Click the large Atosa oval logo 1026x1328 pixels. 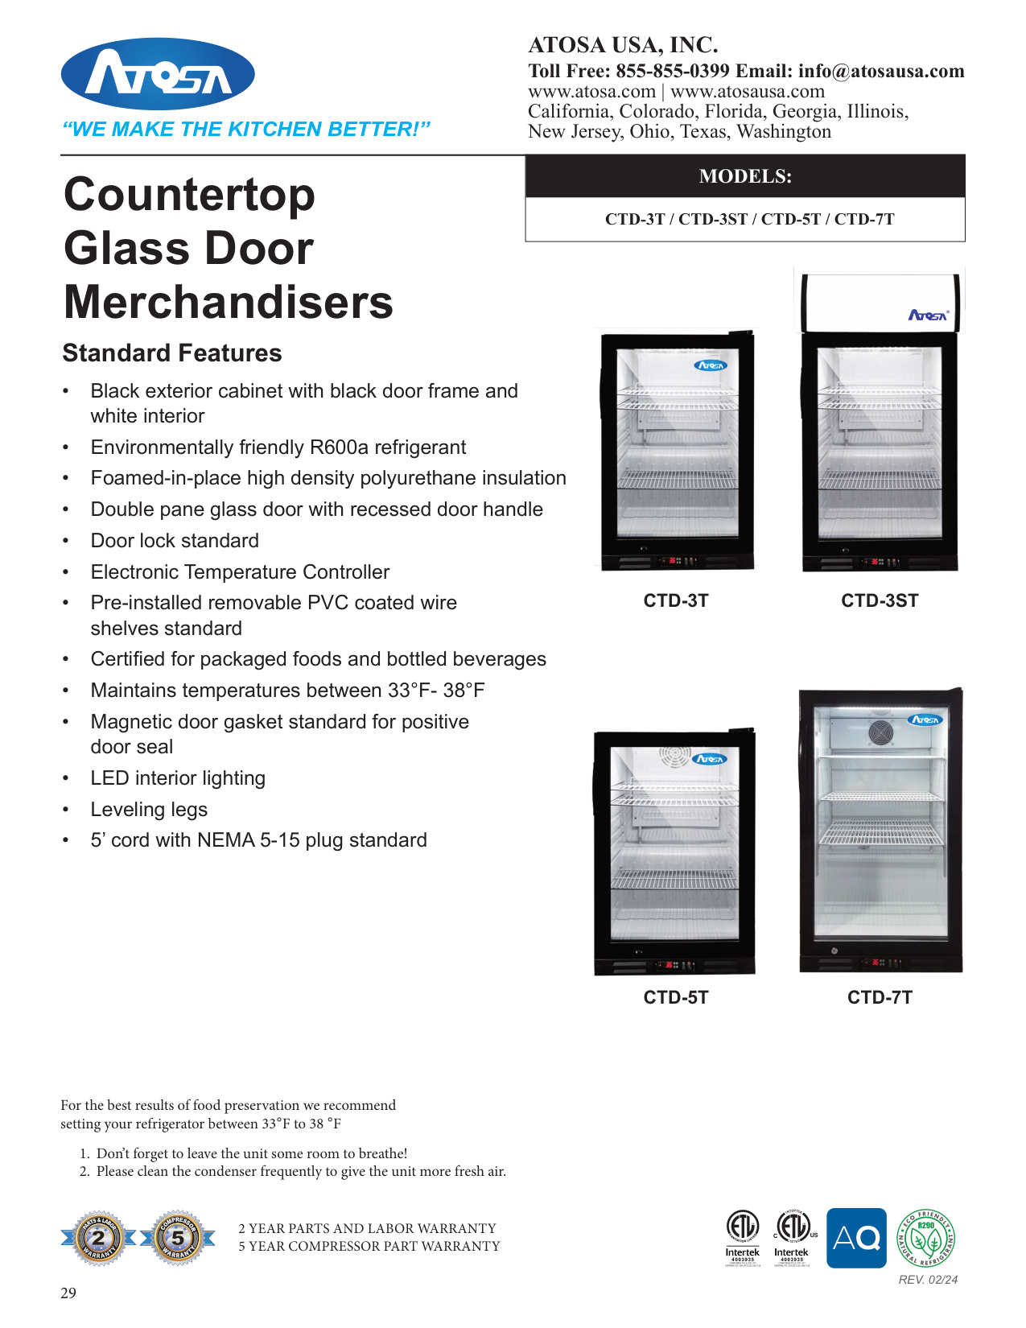[x=158, y=74]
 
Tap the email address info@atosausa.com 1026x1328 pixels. [x=881, y=71]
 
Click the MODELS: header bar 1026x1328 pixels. [x=745, y=176]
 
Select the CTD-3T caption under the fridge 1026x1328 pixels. [x=676, y=600]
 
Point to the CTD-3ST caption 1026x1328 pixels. [x=880, y=600]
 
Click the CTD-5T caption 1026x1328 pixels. [x=676, y=997]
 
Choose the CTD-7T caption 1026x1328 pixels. [x=880, y=997]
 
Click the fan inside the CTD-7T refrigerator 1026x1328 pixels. [x=880, y=733]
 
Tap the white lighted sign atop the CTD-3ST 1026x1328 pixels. [x=880, y=302]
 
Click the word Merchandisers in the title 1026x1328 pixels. [x=229, y=303]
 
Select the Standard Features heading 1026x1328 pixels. [x=172, y=353]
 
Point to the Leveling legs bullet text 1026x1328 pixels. [x=149, y=810]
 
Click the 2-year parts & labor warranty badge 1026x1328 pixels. [x=98, y=1238]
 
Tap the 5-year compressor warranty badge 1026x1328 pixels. [x=178, y=1238]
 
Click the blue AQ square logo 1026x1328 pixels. [x=856, y=1238]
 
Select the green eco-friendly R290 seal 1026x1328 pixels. [x=925, y=1238]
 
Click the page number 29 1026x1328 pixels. [x=68, y=1293]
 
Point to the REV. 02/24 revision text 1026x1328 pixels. [x=928, y=1280]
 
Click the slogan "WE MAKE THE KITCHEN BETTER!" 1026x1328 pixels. [x=246, y=130]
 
